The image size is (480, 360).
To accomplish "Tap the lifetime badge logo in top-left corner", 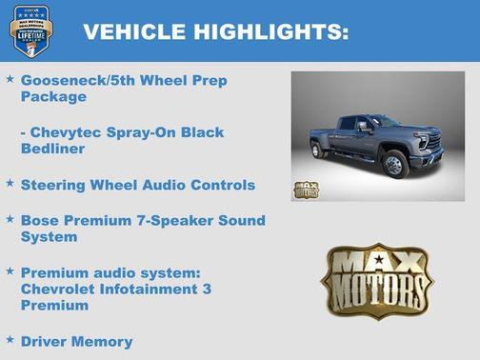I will (x=30, y=30).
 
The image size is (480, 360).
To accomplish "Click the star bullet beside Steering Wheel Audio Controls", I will (x=10, y=181).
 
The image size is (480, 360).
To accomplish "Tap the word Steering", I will (x=54, y=185).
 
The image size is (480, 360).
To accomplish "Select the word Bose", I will (x=40, y=220).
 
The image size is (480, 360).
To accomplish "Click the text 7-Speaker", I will (x=162, y=220).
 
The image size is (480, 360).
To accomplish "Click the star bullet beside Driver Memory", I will (x=10, y=337).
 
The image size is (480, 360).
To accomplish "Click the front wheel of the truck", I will (x=393, y=165).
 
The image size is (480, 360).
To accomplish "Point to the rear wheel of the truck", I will (x=318, y=150).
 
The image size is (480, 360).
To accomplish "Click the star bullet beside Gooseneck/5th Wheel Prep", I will (x=10, y=78).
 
